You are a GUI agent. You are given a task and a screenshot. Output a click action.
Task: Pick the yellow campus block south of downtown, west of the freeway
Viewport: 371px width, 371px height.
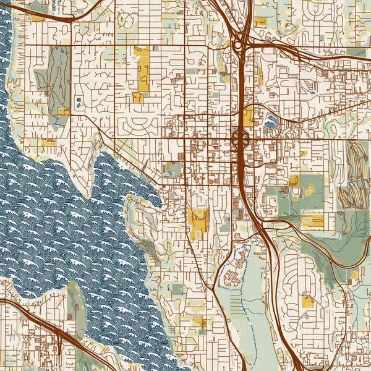point(198,221)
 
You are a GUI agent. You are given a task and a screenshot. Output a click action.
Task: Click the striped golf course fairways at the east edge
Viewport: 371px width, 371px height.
point(356,173)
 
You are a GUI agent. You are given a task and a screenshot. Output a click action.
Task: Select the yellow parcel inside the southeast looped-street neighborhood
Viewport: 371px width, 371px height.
point(307,301)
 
